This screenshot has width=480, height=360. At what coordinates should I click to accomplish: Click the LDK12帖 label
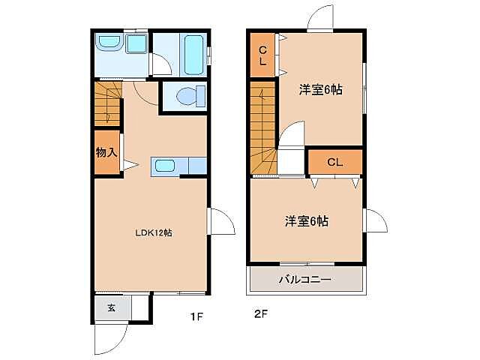154,232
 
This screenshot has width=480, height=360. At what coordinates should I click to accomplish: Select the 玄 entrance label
110,307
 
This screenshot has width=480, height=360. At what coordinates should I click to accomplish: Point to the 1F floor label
196,316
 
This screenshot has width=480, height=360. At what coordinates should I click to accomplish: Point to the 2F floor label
260,314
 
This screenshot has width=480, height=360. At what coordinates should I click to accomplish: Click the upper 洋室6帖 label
320,90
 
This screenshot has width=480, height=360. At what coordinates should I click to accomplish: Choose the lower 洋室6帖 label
305,221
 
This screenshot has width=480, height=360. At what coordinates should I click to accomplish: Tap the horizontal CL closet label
334,161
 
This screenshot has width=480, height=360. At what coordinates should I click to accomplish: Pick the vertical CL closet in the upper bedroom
262,55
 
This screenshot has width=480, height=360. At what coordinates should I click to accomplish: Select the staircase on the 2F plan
263,127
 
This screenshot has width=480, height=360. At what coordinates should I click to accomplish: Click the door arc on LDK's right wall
219,220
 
